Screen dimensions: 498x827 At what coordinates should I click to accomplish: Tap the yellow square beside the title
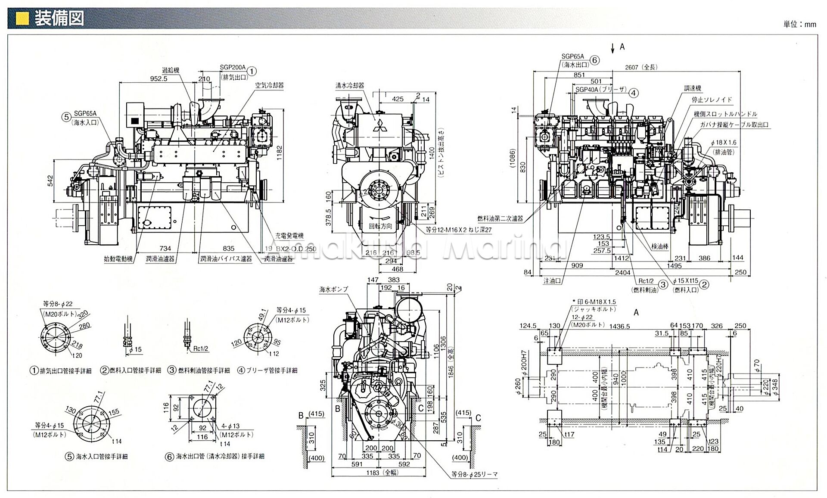click(22, 19)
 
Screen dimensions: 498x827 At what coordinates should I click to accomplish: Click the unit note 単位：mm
click(799, 24)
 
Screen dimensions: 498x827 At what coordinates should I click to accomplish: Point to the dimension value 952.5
click(159, 79)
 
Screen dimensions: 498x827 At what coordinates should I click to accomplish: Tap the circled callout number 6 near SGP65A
click(594, 60)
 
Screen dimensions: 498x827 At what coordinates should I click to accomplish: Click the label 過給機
click(170, 70)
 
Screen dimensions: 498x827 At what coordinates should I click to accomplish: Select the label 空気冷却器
click(270, 85)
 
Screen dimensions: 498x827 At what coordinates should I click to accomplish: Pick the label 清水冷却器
click(350, 85)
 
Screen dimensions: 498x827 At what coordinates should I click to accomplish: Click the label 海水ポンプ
click(333, 289)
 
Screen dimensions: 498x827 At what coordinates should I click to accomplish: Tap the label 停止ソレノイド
click(712, 100)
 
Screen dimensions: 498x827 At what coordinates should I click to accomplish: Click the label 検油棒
click(660, 246)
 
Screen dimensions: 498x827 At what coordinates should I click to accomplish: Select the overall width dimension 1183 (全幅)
click(379, 473)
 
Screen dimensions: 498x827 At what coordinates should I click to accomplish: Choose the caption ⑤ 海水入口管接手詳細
click(96, 457)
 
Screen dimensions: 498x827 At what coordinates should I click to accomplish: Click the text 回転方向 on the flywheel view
click(380, 226)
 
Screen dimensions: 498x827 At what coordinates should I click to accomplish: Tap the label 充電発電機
click(289, 236)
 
